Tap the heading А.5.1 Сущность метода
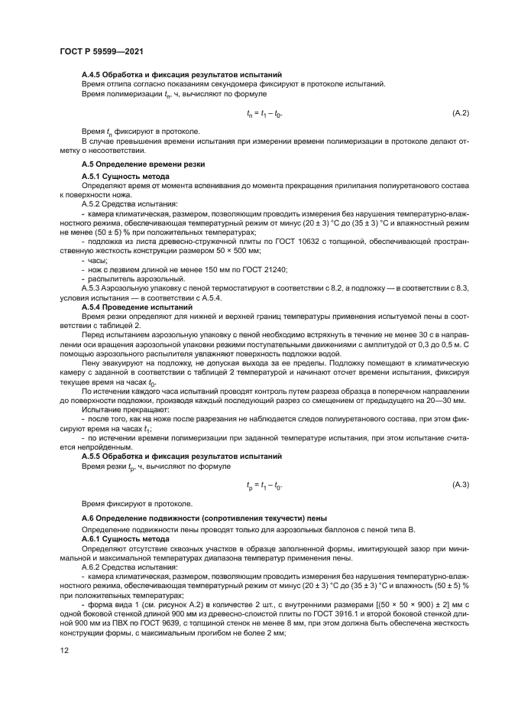pyautogui.click(x=125, y=176)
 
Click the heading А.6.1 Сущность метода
pyautogui.click(x=125, y=539)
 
